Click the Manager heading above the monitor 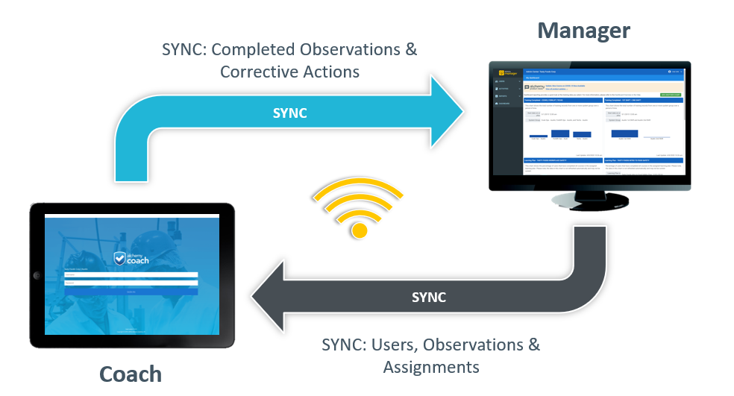pos(583,31)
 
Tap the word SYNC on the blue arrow pos(289,114)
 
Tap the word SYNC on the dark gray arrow pos(428,297)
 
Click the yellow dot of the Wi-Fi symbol pos(360,230)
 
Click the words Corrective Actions pos(289,72)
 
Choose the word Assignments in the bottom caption pos(431,367)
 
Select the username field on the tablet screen pos(131,274)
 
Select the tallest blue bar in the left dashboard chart pos(559,133)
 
